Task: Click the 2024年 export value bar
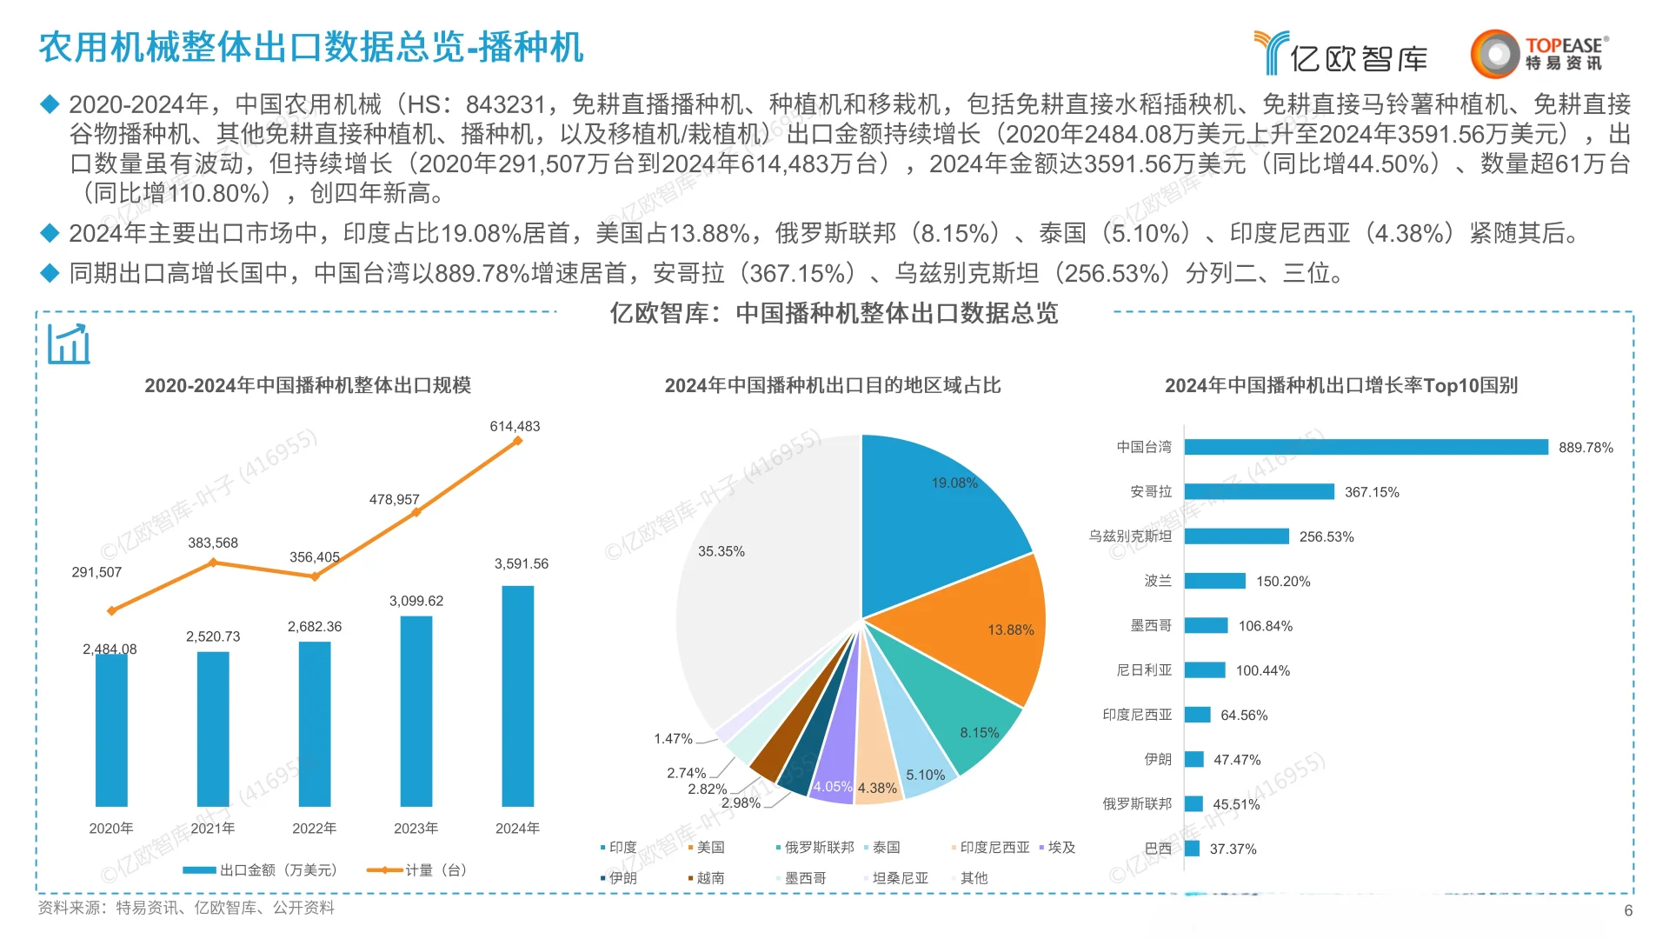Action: coord(517,696)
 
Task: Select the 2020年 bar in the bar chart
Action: coord(111,730)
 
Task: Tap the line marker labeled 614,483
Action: coord(517,441)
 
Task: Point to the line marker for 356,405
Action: coord(315,576)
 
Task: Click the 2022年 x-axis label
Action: coord(314,829)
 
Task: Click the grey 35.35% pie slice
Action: coord(765,565)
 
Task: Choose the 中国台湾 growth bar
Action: coord(1366,447)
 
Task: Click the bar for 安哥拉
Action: coord(1259,492)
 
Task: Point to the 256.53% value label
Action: coord(1327,537)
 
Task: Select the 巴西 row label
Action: coord(1158,849)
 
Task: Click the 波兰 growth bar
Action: coord(1214,581)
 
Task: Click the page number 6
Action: coord(1628,910)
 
